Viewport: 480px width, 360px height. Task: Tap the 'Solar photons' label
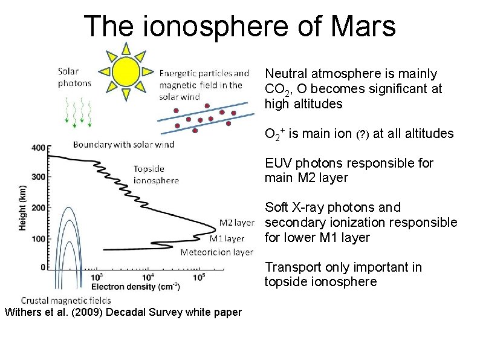pos(74,77)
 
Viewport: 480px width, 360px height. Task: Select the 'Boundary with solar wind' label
pos(123,144)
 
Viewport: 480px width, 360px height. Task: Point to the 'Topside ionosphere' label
pos(156,174)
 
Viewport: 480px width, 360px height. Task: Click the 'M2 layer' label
pos(237,223)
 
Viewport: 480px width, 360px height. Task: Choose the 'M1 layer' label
pos(227,238)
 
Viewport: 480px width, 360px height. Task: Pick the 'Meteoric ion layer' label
pos(217,252)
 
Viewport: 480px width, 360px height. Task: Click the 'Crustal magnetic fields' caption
pos(66,300)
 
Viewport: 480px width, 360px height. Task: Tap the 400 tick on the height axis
pos(38,148)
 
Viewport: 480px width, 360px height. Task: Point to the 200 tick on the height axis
pos(38,208)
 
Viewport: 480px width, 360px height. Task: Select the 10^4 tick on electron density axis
pos(149,277)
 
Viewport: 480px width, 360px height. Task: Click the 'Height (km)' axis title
pos(22,207)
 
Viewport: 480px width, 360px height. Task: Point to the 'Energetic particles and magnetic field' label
pos(204,85)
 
